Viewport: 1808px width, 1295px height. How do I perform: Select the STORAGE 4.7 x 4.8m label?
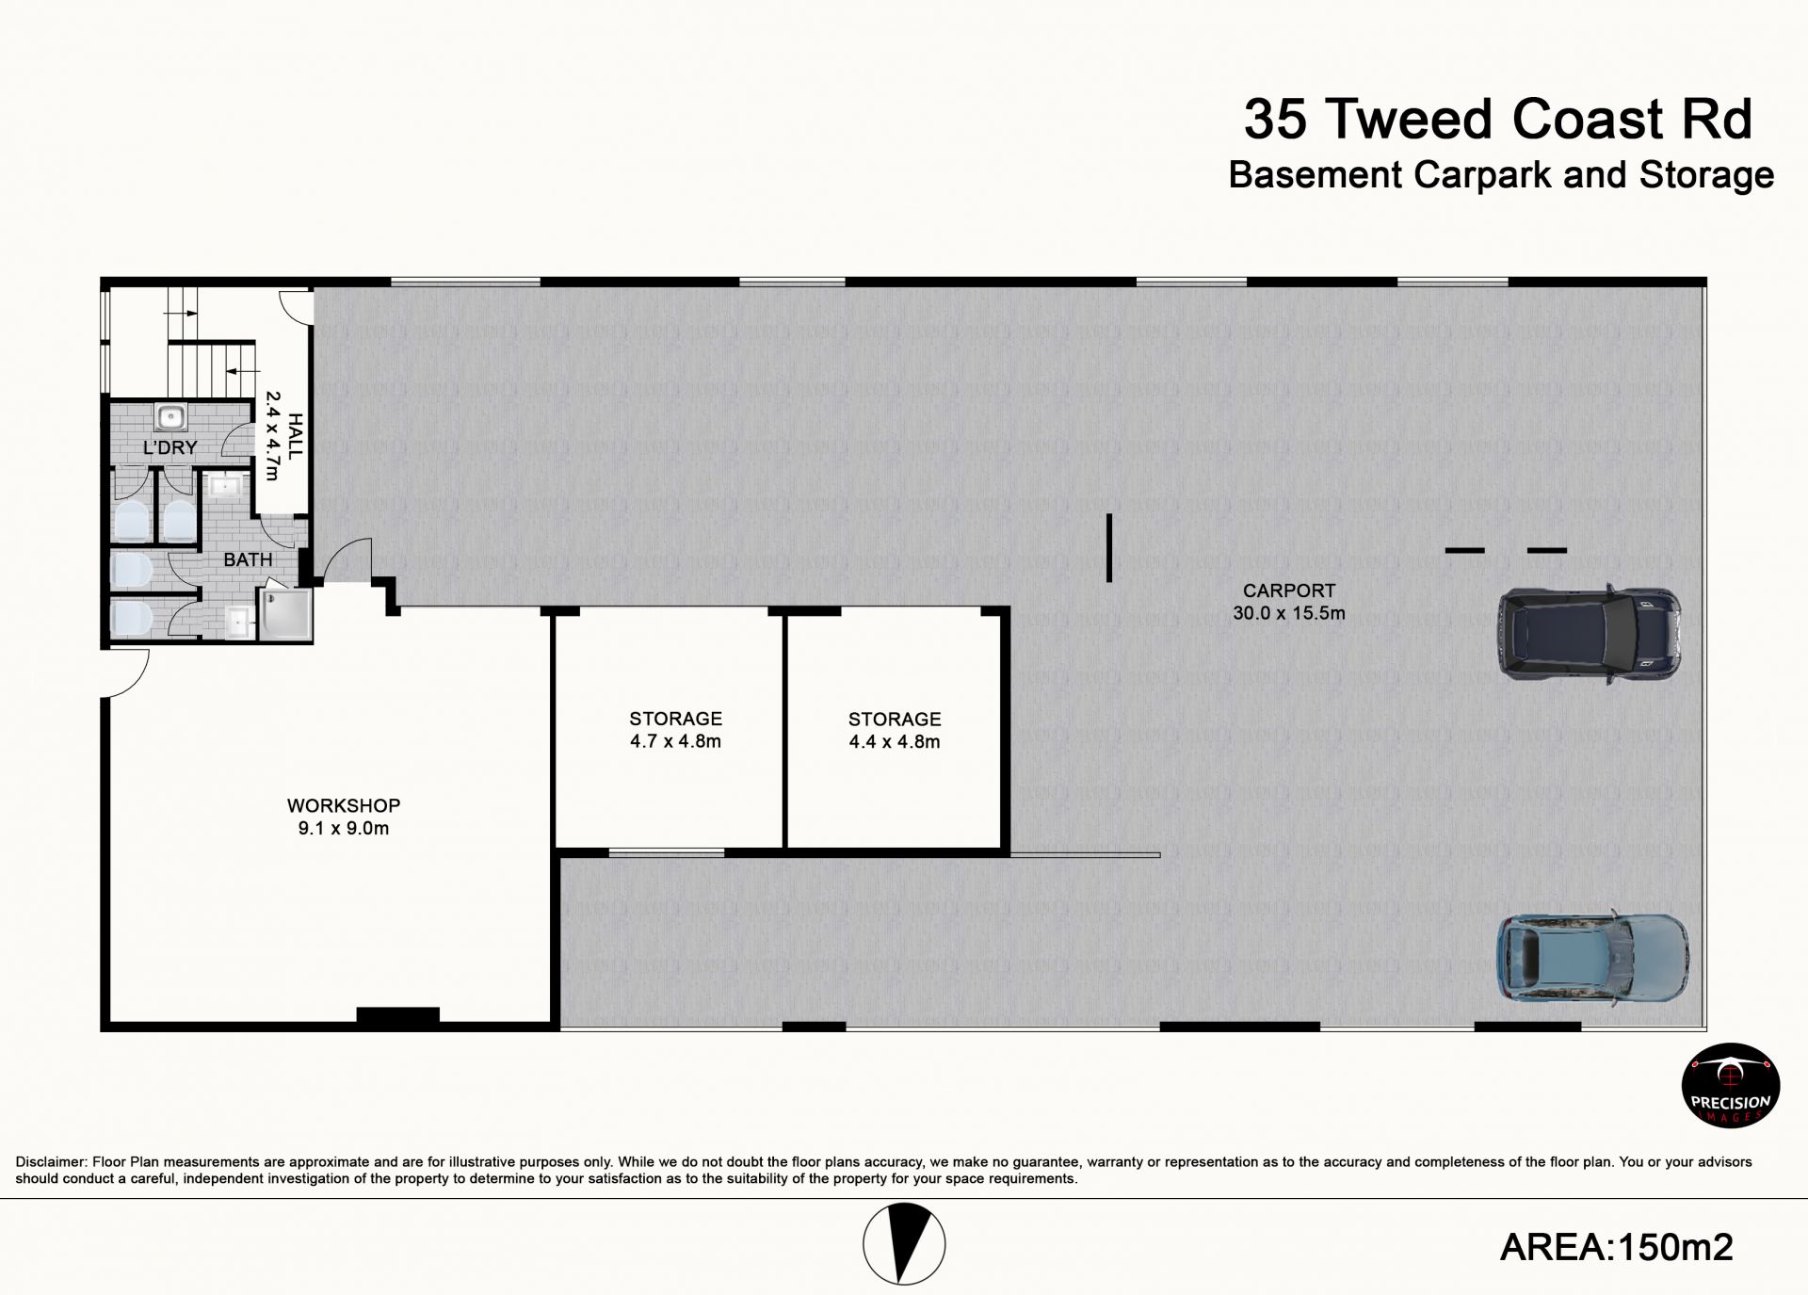click(675, 730)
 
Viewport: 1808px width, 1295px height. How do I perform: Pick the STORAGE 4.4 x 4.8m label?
click(895, 731)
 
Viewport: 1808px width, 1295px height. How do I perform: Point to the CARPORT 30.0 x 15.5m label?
click(1289, 602)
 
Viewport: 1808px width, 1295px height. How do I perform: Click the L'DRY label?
click(170, 447)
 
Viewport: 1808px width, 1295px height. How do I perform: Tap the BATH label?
click(248, 559)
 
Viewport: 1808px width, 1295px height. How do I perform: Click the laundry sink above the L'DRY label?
click(170, 416)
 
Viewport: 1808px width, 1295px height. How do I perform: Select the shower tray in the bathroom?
click(285, 615)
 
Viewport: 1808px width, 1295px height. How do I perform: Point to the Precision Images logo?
click(1731, 1085)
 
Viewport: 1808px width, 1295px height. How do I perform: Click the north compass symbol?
click(904, 1243)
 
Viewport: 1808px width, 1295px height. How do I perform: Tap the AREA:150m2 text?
click(1616, 1247)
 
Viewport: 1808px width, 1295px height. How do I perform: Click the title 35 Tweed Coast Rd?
click(1498, 120)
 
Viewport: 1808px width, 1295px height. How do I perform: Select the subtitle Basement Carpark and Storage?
click(1501, 175)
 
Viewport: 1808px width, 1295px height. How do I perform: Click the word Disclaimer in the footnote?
click(51, 1162)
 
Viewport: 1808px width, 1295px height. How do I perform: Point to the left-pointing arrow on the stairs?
click(243, 371)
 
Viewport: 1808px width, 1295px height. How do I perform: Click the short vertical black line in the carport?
click(1109, 547)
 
